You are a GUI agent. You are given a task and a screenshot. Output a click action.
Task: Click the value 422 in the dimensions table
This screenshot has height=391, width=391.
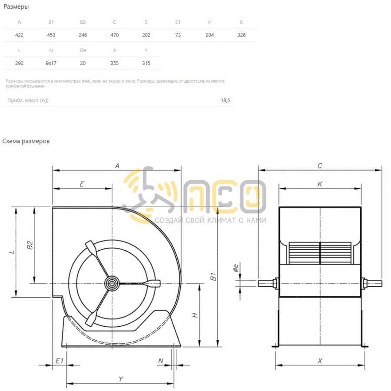[x=19, y=35]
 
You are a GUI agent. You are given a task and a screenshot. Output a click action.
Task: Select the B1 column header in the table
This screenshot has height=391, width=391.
[x=51, y=22]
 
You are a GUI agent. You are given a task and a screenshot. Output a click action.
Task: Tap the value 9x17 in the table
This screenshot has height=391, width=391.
[x=51, y=63]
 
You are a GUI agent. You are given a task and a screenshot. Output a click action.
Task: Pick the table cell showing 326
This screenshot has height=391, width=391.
[x=241, y=35]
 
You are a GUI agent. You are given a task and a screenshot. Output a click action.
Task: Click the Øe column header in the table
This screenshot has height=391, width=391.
[x=83, y=50]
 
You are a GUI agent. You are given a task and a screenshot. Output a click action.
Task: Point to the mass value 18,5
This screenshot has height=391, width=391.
[x=225, y=100]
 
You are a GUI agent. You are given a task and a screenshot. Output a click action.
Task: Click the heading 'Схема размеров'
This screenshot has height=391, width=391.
[x=26, y=141]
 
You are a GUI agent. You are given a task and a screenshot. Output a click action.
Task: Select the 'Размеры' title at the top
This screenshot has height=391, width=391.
[x=16, y=7]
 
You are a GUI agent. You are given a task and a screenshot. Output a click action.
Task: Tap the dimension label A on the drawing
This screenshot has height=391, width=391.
[x=117, y=166]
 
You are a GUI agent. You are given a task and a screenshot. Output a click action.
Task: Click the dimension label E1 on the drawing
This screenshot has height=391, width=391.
[x=60, y=361]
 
